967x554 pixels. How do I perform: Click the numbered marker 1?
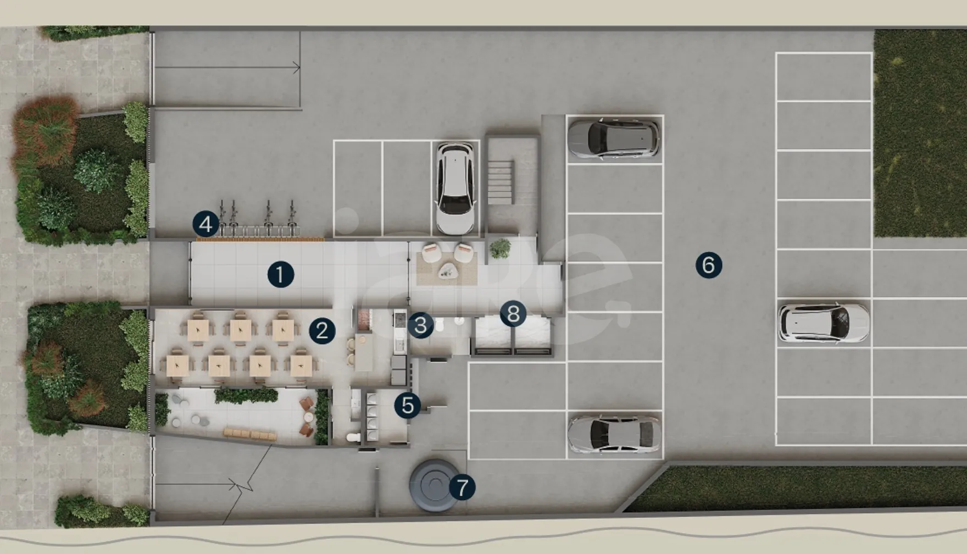point(281,274)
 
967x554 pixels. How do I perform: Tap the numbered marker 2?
point(322,331)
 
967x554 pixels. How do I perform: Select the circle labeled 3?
point(421,325)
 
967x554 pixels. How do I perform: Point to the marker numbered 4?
point(205,224)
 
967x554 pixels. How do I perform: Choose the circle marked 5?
point(408,406)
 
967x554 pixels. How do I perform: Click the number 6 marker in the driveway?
point(709,265)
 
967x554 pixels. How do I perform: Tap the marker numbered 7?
point(462,487)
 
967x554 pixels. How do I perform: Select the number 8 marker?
point(513,314)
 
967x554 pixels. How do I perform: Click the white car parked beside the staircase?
point(455,189)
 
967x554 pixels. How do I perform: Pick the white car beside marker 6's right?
point(824,323)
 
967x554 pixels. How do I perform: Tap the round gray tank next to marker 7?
point(434,485)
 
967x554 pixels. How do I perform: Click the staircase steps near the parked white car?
point(501,182)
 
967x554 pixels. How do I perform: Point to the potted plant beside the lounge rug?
point(500,248)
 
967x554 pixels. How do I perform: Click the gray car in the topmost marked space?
point(614,138)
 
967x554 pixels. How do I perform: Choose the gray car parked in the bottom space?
point(614,434)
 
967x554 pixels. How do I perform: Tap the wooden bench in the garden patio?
point(249,434)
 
